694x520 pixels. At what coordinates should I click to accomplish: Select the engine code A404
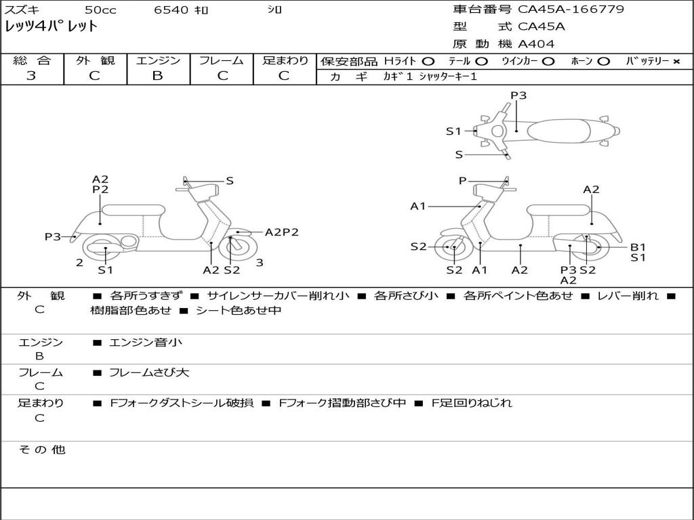(536, 44)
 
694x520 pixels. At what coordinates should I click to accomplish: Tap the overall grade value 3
(31, 76)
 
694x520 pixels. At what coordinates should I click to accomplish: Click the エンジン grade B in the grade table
(157, 76)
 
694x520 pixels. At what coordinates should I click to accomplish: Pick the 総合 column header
(31, 60)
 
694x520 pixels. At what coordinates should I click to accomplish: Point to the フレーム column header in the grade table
(221, 60)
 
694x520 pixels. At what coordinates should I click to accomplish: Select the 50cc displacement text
(99, 10)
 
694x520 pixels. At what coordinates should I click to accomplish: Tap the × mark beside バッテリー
(676, 62)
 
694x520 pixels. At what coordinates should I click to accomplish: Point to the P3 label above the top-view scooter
(518, 95)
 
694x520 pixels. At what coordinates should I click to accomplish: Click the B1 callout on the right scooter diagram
(638, 247)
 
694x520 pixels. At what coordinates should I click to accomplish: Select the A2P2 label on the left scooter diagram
(281, 232)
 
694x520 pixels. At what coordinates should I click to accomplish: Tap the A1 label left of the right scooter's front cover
(417, 206)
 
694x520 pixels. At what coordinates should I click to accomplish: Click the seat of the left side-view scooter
(133, 210)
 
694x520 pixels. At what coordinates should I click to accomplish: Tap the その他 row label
(41, 450)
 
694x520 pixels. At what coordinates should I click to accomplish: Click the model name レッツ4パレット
(52, 27)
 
